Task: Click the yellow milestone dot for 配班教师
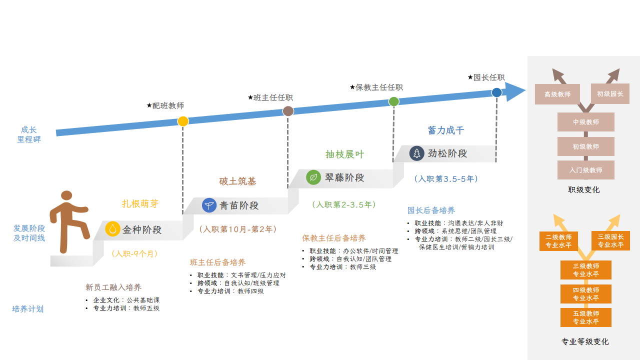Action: (183, 121)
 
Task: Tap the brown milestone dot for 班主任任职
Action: (288, 111)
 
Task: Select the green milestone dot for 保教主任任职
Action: (394, 101)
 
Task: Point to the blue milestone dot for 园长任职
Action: (496, 92)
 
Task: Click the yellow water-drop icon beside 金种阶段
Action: (113, 229)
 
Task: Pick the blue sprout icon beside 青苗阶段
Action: (209, 205)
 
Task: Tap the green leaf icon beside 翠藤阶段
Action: (313, 177)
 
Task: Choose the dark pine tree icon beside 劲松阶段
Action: (416, 153)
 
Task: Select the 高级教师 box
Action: (557, 94)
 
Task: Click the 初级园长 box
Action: (610, 93)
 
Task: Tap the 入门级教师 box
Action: (585, 170)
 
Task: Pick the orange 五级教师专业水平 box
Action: (585, 317)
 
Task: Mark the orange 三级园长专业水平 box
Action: (610, 240)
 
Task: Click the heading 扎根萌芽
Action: (140, 203)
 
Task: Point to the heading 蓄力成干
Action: (446, 130)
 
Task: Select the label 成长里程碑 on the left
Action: (29, 134)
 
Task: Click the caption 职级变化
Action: (584, 189)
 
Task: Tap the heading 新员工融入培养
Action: (113, 287)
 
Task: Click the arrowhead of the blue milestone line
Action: (516, 91)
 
